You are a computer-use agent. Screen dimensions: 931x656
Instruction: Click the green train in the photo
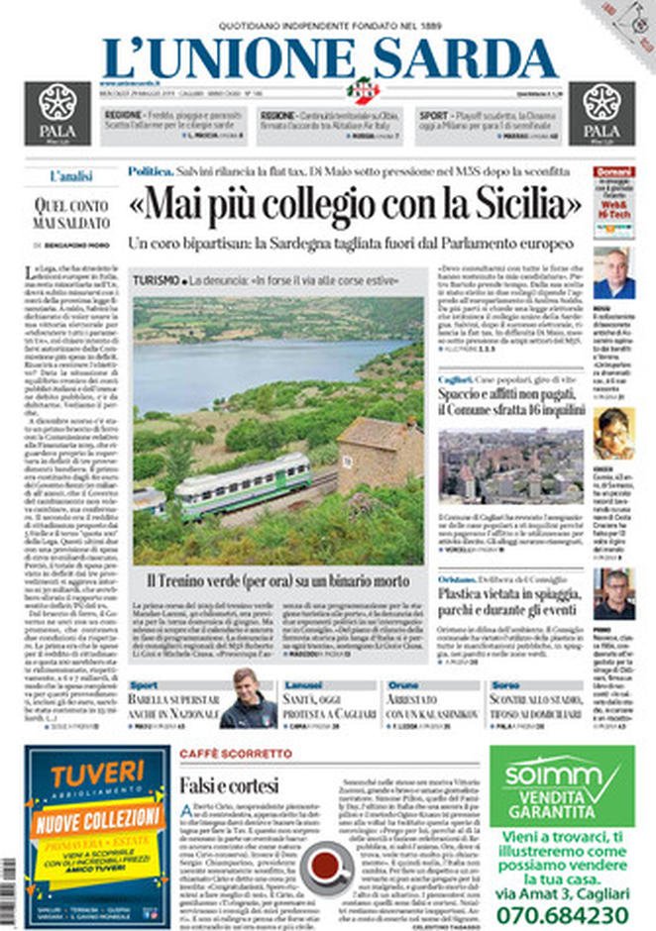point(243,484)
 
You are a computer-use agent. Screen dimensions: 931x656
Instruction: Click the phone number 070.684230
point(568,913)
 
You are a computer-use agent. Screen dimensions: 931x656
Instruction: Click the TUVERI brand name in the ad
point(97,775)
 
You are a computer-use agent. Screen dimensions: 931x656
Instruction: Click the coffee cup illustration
point(327,867)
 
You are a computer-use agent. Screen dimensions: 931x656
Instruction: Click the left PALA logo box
point(57,112)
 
